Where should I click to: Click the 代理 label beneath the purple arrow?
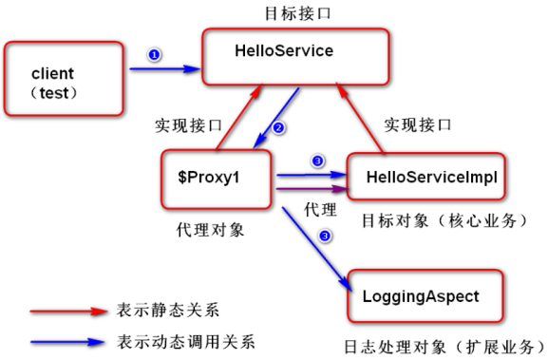coord(312,207)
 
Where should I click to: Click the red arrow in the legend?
coord(66,310)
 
